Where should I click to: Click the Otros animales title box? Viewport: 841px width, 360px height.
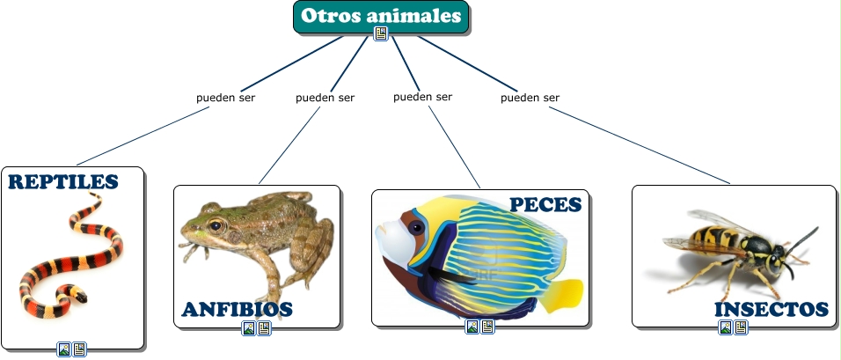[x=381, y=17]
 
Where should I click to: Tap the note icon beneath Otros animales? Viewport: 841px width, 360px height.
[x=381, y=33]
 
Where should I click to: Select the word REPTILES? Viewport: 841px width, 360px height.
[x=62, y=182]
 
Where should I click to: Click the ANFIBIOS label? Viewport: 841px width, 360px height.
[x=237, y=309]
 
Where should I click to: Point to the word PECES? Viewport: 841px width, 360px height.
[x=545, y=204]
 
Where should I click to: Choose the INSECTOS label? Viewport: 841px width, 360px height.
[x=772, y=309]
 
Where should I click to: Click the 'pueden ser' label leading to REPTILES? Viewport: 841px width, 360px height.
[x=225, y=98]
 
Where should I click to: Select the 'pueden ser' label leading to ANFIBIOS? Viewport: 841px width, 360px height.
[x=325, y=98]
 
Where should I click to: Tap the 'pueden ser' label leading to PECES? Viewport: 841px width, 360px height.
[x=422, y=97]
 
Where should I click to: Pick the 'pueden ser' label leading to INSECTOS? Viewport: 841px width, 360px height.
[x=530, y=98]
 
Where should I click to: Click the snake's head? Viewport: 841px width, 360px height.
[x=80, y=296]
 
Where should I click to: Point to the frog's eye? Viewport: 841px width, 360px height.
[x=216, y=225]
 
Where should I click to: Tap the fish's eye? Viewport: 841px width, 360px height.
[x=416, y=227]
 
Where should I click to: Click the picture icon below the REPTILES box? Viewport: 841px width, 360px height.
[x=64, y=349]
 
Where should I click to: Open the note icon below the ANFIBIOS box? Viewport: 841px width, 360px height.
[x=264, y=328]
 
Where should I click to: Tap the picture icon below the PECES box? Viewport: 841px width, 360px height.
[x=472, y=327]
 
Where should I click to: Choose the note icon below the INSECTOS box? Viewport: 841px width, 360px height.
[x=741, y=327]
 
